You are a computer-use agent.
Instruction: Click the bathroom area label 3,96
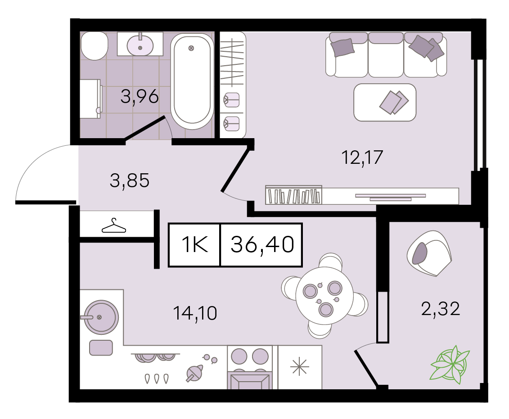click(140, 97)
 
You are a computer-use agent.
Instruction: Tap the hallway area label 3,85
click(130, 180)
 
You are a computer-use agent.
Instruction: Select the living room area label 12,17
click(362, 158)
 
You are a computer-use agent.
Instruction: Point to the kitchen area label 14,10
click(195, 313)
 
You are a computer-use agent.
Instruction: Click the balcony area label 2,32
click(441, 309)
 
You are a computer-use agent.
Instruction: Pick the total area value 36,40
click(262, 244)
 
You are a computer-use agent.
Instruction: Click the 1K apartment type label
click(195, 244)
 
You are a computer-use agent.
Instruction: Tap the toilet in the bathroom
click(94, 45)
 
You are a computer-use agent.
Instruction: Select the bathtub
click(192, 81)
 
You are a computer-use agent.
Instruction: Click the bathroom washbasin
click(140, 45)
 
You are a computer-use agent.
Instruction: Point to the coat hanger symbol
click(113, 226)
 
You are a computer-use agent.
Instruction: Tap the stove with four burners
click(250, 367)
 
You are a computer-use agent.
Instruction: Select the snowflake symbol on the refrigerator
click(300, 367)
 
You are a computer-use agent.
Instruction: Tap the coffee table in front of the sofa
click(385, 103)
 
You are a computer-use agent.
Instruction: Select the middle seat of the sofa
click(386, 55)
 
